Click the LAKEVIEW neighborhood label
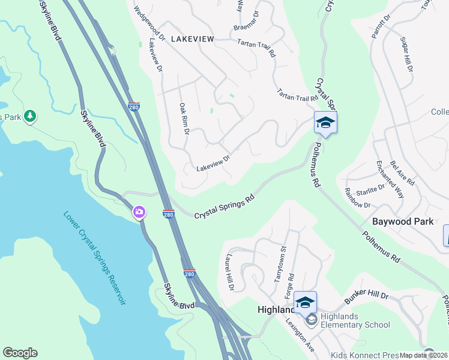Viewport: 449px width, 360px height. click(x=192, y=38)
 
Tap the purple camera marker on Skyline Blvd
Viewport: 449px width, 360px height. click(x=139, y=212)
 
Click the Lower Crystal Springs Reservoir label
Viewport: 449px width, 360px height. click(x=95, y=258)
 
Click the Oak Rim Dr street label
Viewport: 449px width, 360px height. click(x=184, y=118)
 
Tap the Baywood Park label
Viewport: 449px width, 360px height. click(x=403, y=221)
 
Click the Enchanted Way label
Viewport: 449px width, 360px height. click(x=390, y=178)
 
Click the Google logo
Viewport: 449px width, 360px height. click(x=20, y=353)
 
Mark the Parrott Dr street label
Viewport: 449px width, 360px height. click(x=381, y=27)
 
